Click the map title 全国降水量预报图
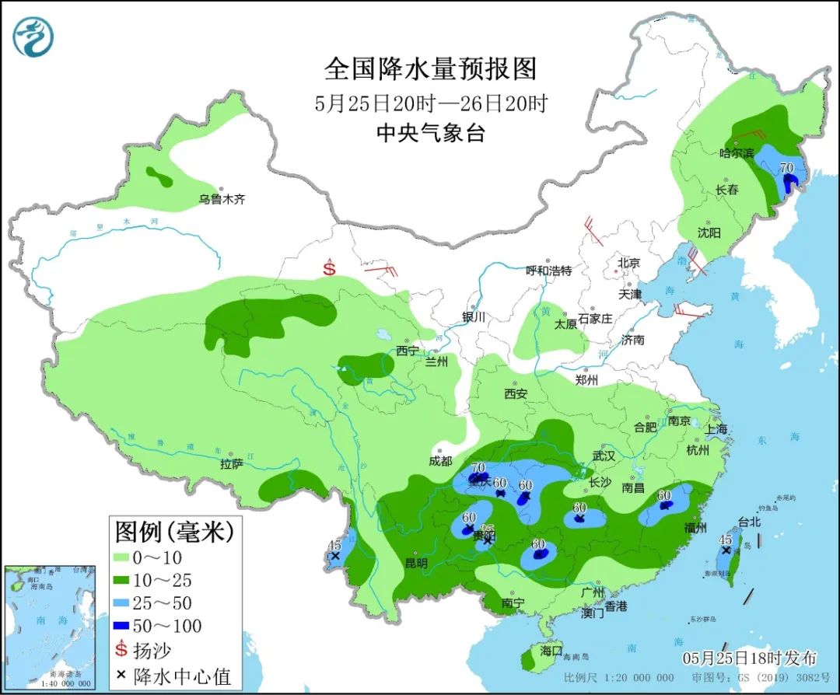pyautogui.click(x=430, y=69)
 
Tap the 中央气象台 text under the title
pyautogui.click(x=430, y=133)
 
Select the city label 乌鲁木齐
pyautogui.click(x=222, y=200)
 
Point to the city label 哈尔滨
pyautogui.click(x=737, y=153)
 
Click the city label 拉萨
pyautogui.click(x=232, y=464)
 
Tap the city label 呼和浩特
pyautogui.click(x=548, y=271)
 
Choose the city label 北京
pyautogui.click(x=628, y=263)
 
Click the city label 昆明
pyautogui.click(x=416, y=562)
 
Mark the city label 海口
pyautogui.click(x=551, y=651)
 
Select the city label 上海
pyautogui.click(x=716, y=429)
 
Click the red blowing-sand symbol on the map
pyautogui.click(x=330, y=268)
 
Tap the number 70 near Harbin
pyautogui.click(x=786, y=166)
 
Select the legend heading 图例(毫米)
pyautogui.click(x=174, y=533)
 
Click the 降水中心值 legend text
pyautogui.click(x=185, y=676)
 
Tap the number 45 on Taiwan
pyautogui.click(x=725, y=540)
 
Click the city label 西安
pyautogui.click(x=515, y=394)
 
